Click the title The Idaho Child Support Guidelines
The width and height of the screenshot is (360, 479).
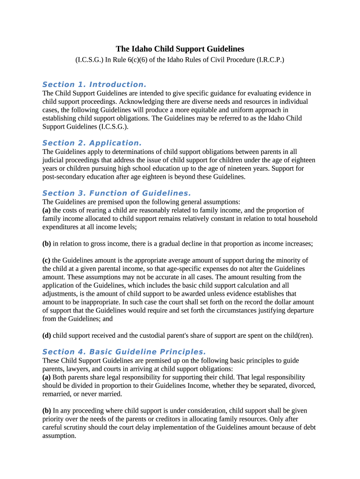pos(180,49)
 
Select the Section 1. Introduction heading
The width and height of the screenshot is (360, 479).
pos(94,85)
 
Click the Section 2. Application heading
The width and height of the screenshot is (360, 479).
pos(92,143)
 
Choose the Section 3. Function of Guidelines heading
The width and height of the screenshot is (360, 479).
pos(116,194)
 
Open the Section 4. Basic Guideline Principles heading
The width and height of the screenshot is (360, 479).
pos(124,352)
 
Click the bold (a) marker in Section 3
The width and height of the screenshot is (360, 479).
pos(47,210)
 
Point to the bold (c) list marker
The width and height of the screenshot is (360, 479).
pos(46,261)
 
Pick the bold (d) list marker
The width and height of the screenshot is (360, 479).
pos(47,336)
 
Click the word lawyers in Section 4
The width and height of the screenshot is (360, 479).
pos(77,369)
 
